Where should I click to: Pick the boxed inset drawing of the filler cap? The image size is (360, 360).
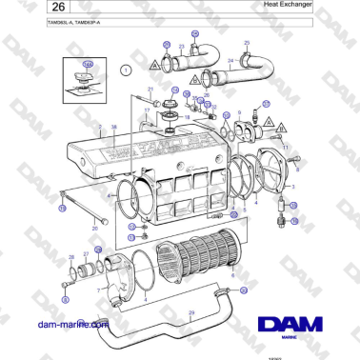tap(87, 79)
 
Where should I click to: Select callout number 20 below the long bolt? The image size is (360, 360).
tap(95, 229)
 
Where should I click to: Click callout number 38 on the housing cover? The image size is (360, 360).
tap(114, 127)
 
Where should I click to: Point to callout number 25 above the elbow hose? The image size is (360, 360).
tap(247, 44)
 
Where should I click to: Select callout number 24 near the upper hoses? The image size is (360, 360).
tap(229, 60)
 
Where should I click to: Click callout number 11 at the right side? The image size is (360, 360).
tap(284, 149)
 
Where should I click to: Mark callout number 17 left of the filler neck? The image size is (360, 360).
tap(146, 110)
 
